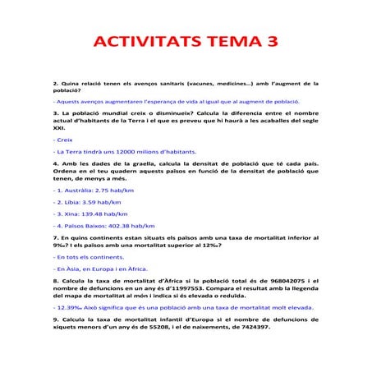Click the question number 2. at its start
[55, 84]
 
